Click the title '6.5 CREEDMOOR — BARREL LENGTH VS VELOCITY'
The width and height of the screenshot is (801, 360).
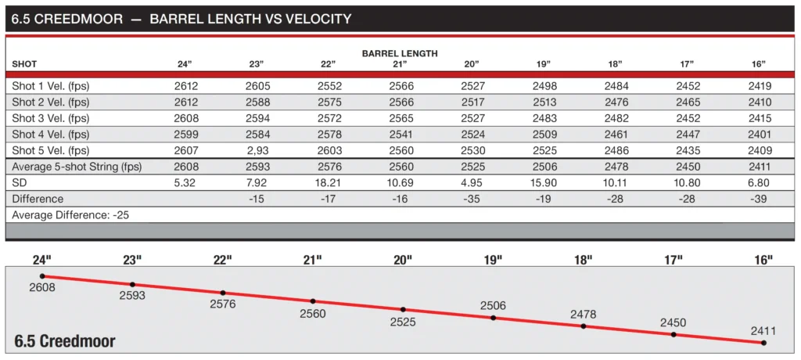(181, 18)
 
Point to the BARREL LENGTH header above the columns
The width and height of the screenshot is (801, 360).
(400, 53)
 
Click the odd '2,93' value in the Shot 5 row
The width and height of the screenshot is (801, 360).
(258, 150)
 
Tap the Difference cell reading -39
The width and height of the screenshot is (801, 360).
(759, 199)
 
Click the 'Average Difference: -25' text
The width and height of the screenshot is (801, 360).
(60, 214)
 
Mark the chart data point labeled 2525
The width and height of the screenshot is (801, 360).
(404, 309)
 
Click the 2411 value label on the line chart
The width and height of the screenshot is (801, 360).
(764, 330)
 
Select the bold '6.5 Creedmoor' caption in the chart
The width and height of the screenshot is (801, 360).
(66, 341)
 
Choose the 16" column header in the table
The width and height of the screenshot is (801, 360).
(758, 63)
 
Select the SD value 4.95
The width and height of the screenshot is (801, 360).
(474, 183)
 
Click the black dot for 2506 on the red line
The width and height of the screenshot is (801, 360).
(494, 318)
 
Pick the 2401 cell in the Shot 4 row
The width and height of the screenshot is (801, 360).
(759, 134)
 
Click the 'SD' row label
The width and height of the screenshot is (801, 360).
(20, 183)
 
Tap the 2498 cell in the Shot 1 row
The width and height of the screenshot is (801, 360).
(545, 86)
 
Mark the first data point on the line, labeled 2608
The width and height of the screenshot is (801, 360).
(43, 276)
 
